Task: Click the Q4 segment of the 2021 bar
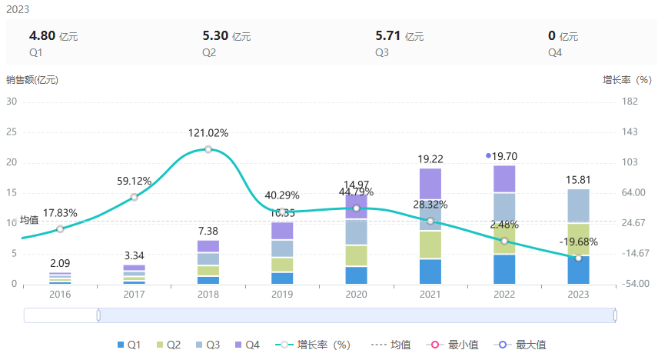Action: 430,183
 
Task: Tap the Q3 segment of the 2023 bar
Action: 578,205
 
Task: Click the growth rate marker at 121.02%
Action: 208,149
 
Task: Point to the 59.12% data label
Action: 135,182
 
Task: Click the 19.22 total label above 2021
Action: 430,159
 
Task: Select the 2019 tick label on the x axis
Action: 282,295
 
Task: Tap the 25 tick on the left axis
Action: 12,132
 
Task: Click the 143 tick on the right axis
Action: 630,132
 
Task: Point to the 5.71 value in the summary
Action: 387,35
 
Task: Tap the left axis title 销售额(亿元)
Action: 32,79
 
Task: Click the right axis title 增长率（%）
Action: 626,79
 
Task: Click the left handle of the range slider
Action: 98,315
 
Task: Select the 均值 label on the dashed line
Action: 29,221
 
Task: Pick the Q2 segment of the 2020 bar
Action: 356,255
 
